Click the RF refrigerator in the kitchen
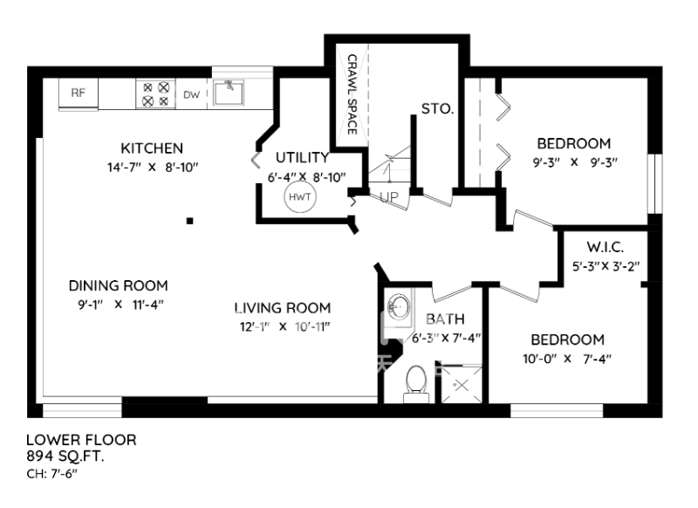(x=79, y=93)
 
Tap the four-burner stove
(x=156, y=93)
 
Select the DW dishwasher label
(x=191, y=94)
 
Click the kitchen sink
(x=228, y=93)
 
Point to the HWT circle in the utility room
(x=300, y=196)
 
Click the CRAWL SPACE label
(x=352, y=94)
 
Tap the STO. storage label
(x=437, y=108)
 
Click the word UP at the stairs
(x=389, y=196)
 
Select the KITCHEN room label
(x=152, y=148)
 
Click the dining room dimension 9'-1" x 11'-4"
(x=120, y=305)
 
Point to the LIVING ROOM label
(x=283, y=307)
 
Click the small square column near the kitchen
(x=189, y=220)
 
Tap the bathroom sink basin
(x=398, y=306)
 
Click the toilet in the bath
(x=416, y=384)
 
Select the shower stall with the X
(x=462, y=384)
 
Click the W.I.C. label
(x=605, y=247)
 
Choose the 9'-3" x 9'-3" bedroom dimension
(x=575, y=162)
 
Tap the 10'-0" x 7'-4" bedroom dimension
(x=567, y=359)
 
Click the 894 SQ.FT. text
(x=65, y=456)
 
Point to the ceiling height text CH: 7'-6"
(x=52, y=473)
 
